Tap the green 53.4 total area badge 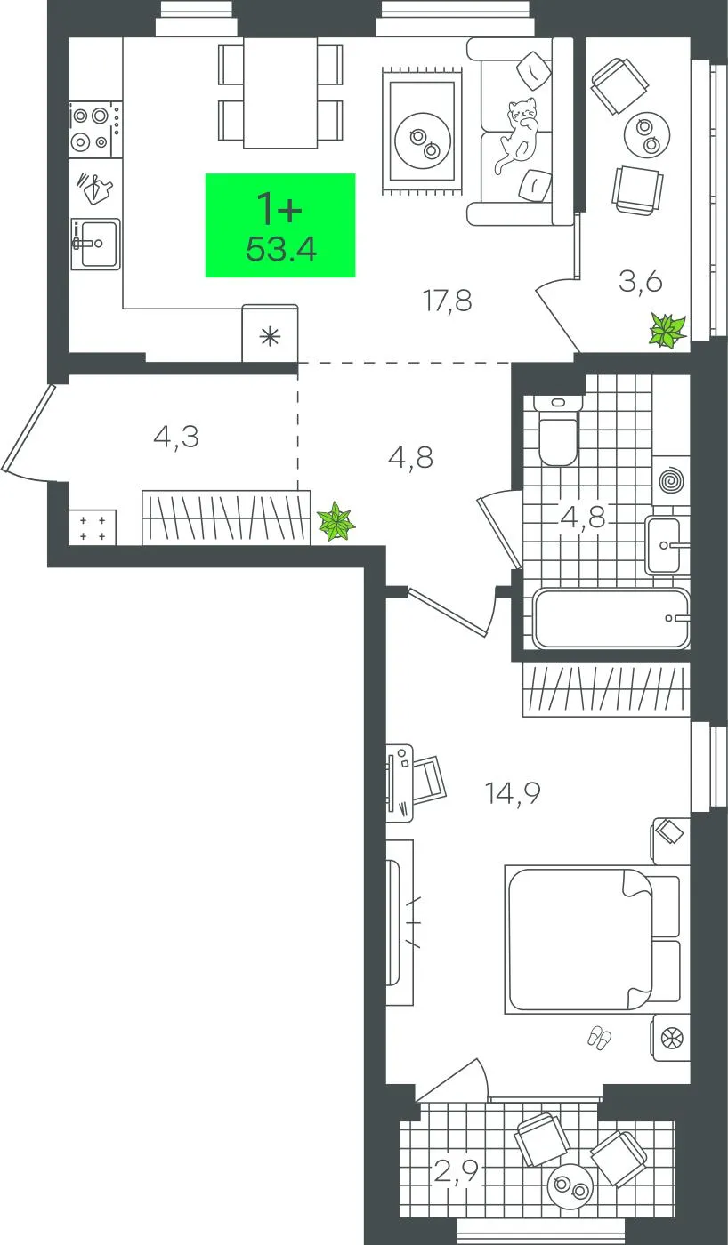(280, 225)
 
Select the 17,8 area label (447, 301)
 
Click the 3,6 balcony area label (640, 282)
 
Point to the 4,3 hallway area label (176, 438)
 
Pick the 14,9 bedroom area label (513, 793)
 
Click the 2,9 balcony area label (456, 1173)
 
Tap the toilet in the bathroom (558, 430)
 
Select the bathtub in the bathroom (611, 619)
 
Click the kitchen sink (95, 244)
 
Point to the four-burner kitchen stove (94, 129)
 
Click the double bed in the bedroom (593, 939)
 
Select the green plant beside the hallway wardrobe (336, 521)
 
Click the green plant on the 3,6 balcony (667, 330)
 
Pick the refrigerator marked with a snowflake (270, 333)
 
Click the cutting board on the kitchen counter (95, 189)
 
